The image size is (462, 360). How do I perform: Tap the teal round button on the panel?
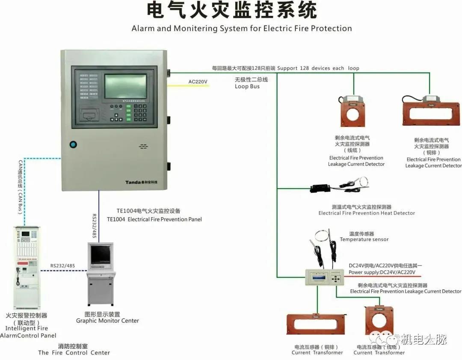coord(73,145)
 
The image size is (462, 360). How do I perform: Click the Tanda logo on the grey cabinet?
coord(134,182)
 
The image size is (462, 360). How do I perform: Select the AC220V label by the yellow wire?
coord(198,82)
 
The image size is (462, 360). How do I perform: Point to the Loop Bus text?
coord(247,86)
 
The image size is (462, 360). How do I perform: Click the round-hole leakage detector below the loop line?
coord(353,112)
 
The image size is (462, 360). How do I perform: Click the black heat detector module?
coord(323,187)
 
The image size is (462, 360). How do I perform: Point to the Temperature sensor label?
coord(364,239)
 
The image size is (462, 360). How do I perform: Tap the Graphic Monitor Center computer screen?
coord(101,255)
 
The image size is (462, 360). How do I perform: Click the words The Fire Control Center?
coord(74,353)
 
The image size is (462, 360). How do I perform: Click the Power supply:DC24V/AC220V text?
coord(382,272)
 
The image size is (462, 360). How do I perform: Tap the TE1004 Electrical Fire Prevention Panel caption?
coord(154,219)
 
